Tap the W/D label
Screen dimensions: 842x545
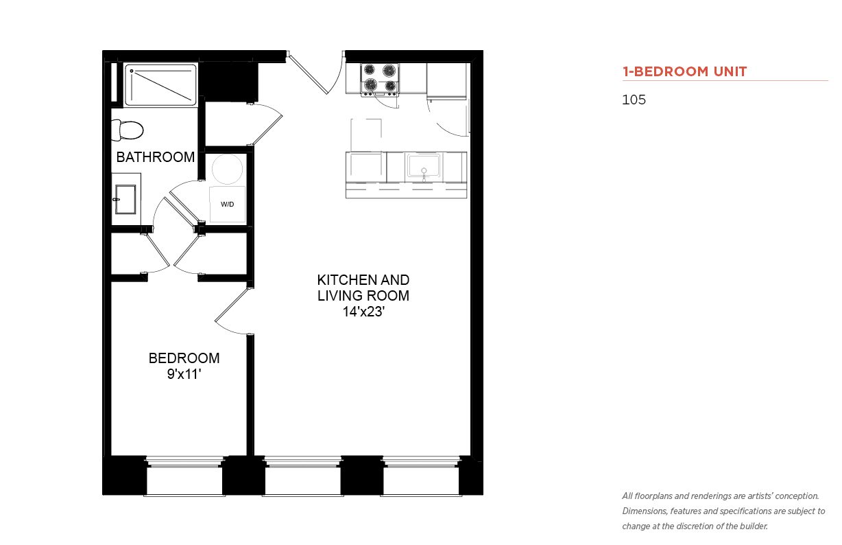coord(228,205)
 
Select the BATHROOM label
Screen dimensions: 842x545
coord(155,157)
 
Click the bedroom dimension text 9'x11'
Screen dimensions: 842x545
coord(184,374)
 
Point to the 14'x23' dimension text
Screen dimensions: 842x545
coord(363,312)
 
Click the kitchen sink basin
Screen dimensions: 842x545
coord(424,166)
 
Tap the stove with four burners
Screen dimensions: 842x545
coord(380,80)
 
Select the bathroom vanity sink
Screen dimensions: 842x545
coord(125,199)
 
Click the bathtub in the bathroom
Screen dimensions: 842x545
coord(160,84)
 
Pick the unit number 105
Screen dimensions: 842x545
coord(634,100)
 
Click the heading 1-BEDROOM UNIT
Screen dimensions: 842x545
coord(684,71)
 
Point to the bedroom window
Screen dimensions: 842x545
coord(184,476)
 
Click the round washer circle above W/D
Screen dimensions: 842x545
coord(227,169)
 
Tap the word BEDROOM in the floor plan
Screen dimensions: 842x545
coord(184,358)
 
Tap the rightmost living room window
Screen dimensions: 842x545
coord(421,476)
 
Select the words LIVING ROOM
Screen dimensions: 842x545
coord(363,296)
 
